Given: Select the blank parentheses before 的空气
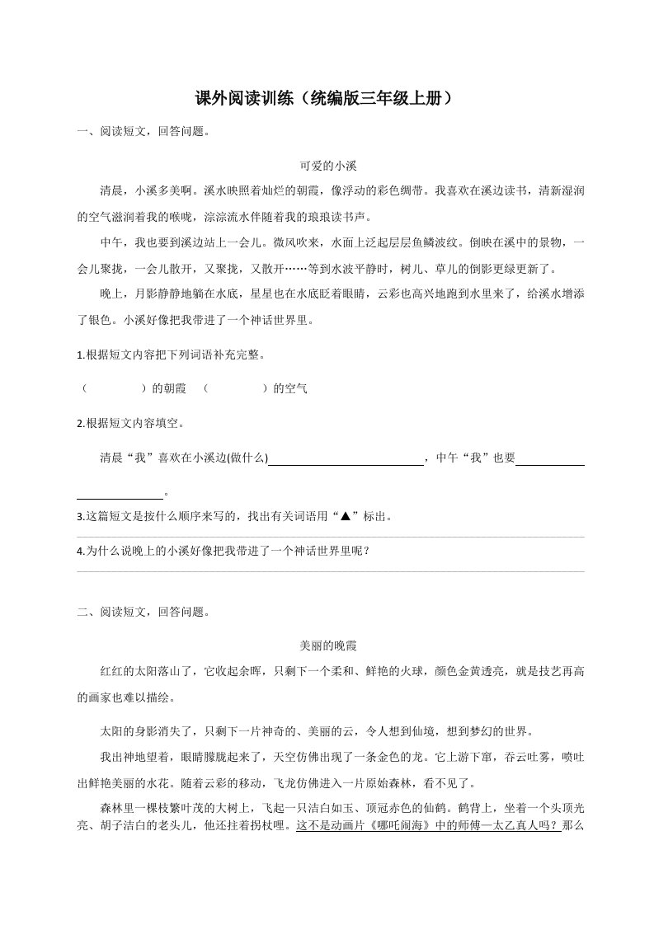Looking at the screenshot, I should coord(234,388).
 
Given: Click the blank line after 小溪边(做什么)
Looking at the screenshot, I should coord(346,458).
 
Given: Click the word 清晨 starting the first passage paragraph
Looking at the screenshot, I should coord(111,191).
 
